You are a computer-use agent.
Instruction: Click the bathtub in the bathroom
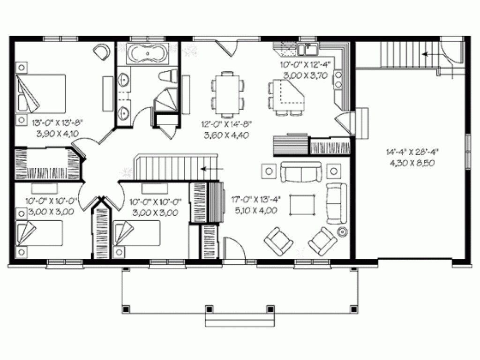click(x=148, y=54)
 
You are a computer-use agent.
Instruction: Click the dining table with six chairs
click(x=227, y=94)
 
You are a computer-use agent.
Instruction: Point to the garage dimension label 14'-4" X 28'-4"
click(x=412, y=151)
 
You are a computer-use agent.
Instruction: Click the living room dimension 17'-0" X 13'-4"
click(x=256, y=199)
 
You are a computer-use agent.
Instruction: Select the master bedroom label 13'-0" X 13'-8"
click(x=58, y=123)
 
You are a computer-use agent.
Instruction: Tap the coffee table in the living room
click(x=302, y=205)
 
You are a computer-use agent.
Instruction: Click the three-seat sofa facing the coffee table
click(x=301, y=172)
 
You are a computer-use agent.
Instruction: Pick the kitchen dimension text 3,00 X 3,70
click(x=306, y=75)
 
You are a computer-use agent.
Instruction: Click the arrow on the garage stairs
click(x=428, y=54)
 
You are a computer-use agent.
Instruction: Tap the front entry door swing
click(x=234, y=248)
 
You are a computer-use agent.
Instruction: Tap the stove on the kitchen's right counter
click(x=338, y=79)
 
